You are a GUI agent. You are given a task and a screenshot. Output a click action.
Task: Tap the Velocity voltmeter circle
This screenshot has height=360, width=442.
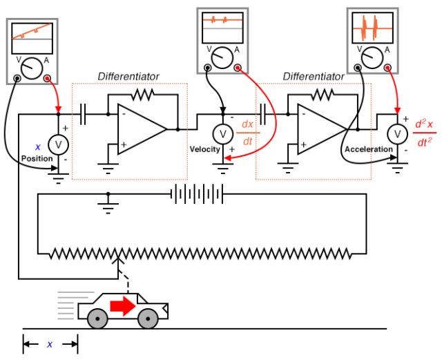coord(222,133)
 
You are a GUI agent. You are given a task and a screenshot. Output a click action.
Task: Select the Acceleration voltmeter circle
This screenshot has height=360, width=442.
coord(396,133)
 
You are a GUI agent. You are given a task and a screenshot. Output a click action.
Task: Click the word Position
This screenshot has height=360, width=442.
coord(37,158)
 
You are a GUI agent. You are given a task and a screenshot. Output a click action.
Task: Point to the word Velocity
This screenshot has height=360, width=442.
coord(204,149)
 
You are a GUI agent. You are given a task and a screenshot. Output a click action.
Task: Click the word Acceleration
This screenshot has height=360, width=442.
coord(370,149)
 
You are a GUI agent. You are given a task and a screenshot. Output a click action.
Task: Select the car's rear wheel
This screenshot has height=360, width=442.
coord(97,319)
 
